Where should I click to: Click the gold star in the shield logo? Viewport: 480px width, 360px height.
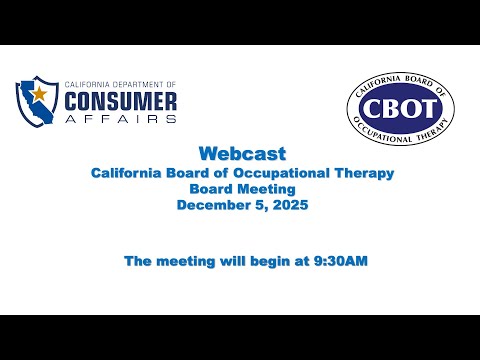[40, 94]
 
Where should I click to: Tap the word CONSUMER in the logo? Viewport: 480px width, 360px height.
[121, 101]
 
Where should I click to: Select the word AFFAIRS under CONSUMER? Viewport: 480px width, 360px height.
[121, 119]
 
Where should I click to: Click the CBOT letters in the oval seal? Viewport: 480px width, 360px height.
[401, 108]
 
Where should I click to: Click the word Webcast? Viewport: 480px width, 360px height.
[242, 154]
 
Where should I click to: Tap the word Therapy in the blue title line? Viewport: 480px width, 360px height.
[364, 173]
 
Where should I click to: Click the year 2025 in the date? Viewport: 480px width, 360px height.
[290, 205]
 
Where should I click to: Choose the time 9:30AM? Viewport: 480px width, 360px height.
[341, 261]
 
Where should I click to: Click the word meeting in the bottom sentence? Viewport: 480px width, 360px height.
[186, 261]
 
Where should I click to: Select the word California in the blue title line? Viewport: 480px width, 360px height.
[126, 173]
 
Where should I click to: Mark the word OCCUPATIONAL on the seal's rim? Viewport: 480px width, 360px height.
[381, 131]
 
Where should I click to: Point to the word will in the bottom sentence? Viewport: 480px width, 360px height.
[233, 260]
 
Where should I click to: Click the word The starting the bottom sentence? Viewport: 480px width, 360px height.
[138, 261]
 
